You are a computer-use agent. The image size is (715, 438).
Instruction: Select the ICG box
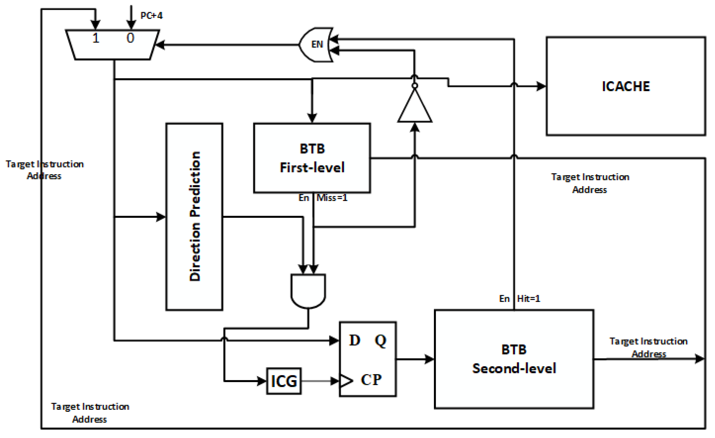pyautogui.click(x=284, y=381)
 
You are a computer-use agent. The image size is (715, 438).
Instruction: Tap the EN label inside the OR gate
pyautogui.click(x=317, y=44)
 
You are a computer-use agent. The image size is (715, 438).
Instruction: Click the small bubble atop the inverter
pyautogui.click(x=415, y=85)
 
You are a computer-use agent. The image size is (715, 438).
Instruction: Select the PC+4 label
pyautogui.click(x=151, y=15)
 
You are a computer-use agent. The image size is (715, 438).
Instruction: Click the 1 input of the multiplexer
pyautogui.click(x=96, y=38)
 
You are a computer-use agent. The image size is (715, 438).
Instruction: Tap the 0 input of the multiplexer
pyautogui.click(x=130, y=38)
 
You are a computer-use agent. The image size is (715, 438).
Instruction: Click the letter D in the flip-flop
pyautogui.click(x=354, y=340)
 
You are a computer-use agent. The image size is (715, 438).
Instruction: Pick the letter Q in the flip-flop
pyautogui.click(x=381, y=341)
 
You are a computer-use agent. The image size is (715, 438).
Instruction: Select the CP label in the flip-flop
pyautogui.click(x=371, y=380)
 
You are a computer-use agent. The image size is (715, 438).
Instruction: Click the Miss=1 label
pyautogui.click(x=332, y=198)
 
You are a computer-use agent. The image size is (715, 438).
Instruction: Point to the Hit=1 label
pyautogui.click(x=528, y=299)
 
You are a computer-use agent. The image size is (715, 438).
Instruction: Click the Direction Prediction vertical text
pyautogui.click(x=195, y=216)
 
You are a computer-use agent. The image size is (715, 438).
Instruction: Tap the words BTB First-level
pyautogui.click(x=312, y=158)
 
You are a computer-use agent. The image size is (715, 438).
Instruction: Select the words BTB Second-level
pyautogui.click(x=514, y=359)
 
